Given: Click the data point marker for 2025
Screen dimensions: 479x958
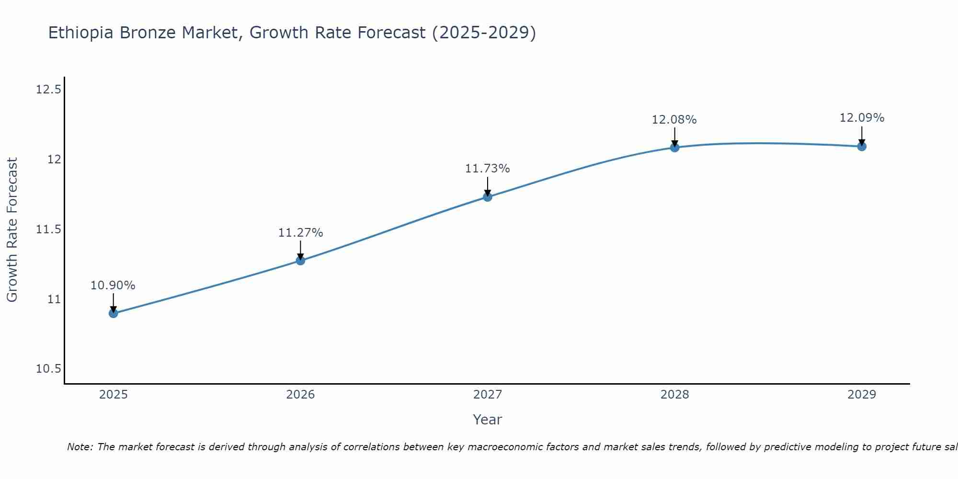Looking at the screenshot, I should click(x=114, y=313).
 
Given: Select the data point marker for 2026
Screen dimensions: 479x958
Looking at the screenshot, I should click(x=300, y=261).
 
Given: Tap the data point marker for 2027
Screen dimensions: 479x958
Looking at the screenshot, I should click(x=488, y=196).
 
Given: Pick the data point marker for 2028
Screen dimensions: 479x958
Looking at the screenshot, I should click(x=674, y=148).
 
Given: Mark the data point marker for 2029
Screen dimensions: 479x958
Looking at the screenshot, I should click(x=862, y=146).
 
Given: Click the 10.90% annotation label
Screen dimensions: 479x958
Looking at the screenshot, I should click(x=113, y=285).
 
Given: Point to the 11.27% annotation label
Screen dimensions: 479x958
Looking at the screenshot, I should click(x=300, y=233).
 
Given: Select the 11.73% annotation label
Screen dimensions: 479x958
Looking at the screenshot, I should click(x=488, y=169).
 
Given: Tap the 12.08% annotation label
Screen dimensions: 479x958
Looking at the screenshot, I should click(x=674, y=120).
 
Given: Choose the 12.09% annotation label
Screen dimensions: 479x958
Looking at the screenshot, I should click(x=862, y=118).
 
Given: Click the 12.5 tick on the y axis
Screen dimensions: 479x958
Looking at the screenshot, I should click(x=49, y=90).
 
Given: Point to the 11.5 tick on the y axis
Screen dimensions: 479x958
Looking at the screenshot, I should click(x=49, y=229).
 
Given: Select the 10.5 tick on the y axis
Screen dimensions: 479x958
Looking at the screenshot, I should click(x=49, y=369).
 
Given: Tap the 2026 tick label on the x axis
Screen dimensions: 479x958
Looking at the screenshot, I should click(x=300, y=395).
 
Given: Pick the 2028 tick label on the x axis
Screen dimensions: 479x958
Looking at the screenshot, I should click(x=674, y=395).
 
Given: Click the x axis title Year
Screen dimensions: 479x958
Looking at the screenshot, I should click(x=487, y=420).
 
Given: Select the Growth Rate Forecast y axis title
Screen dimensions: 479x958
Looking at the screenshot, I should click(x=12, y=230).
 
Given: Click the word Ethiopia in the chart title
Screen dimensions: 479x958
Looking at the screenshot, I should click(x=81, y=33).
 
